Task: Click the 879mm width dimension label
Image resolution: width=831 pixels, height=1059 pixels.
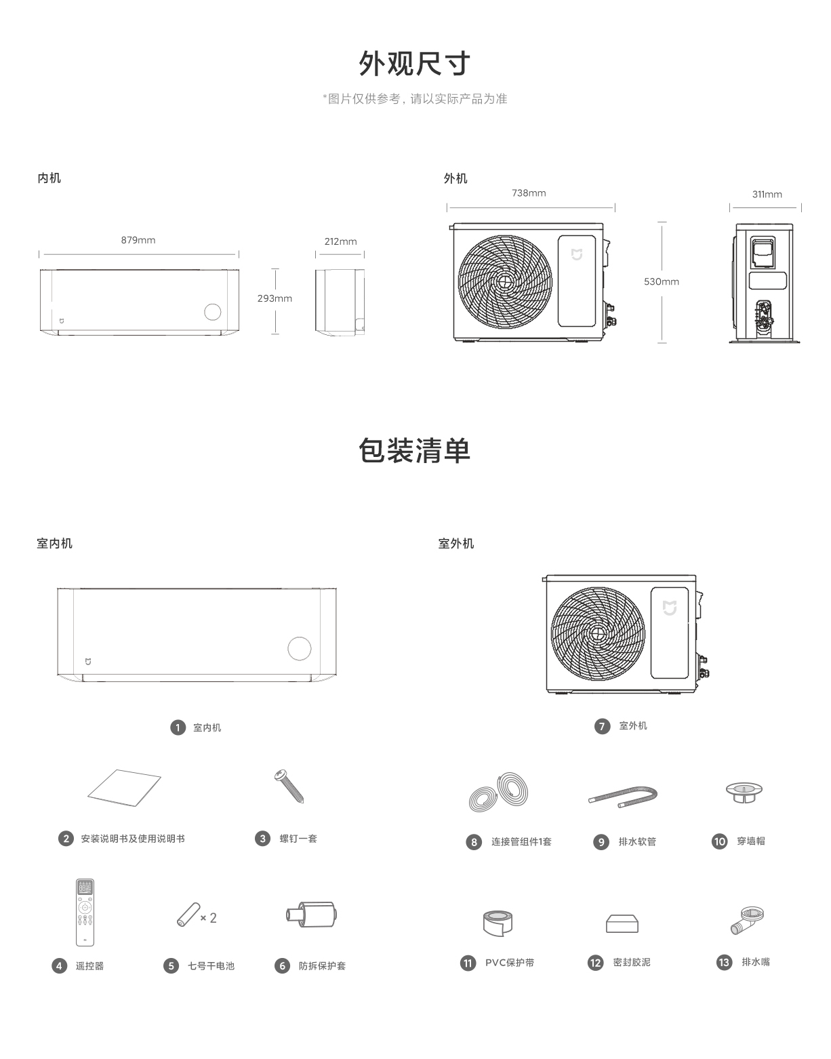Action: [x=138, y=240]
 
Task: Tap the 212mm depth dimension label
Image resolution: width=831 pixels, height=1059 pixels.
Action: [x=340, y=241]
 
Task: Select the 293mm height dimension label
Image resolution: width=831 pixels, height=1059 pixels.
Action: [x=275, y=298]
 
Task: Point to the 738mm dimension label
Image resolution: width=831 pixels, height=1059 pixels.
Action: [x=529, y=193]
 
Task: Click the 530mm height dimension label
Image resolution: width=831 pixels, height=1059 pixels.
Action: [x=662, y=281]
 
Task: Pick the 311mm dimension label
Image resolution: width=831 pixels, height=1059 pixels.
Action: [x=767, y=195]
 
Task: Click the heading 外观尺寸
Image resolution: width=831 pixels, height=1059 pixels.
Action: [x=415, y=63]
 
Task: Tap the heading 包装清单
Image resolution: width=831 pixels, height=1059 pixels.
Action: [x=415, y=450]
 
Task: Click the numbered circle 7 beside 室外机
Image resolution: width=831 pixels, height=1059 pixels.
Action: [x=602, y=726]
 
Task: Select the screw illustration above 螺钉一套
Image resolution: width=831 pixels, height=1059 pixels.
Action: [x=289, y=786]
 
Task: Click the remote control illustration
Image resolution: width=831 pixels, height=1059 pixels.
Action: [x=85, y=913]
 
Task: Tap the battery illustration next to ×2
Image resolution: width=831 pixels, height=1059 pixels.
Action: [x=188, y=915]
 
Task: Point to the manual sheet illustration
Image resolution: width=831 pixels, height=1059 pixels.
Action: [x=124, y=788]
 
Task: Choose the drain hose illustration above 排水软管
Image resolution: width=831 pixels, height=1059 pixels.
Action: [x=623, y=797]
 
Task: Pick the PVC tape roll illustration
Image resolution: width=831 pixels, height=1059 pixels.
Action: [x=498, y=923]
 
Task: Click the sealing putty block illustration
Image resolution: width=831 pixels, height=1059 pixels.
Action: [x=622, y=923]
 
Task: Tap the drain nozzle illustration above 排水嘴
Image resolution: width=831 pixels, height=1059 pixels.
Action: [x=747, y=919]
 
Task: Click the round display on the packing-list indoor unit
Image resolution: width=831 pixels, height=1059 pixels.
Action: [x=299, y=648]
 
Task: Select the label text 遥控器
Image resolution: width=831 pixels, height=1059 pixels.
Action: [x=89, y=966]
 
